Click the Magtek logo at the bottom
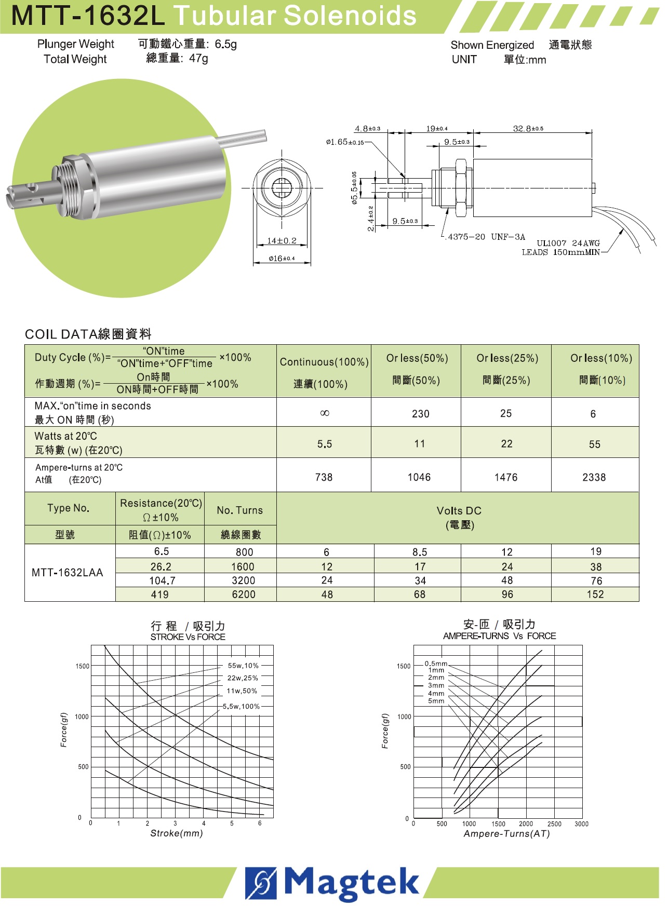tap(332, 883)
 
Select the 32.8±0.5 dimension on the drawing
tap(528, 128)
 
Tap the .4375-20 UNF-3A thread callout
tap(486, 237)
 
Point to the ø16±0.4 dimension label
tap(282, 258)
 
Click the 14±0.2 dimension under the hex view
tap(282, 240)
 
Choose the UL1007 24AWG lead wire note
tap(568, 243)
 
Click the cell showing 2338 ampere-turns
tap(594, 477)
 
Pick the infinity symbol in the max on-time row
tap(325, 413)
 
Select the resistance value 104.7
tap(162, 580)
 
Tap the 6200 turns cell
tap(243, 594)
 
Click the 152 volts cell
tap(595, 594)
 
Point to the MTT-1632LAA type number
tap(68, 573)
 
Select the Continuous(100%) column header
tap(324, 362)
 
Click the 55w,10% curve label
tap(243, 666)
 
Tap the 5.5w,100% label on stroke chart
tap(241, 707)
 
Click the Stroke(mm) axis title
tap(177, 833)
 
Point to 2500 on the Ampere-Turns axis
tap(554, 824)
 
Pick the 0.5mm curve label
tap(435, 664)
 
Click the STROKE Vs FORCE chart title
tap(188, 637)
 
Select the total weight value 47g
tap(198, 58)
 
